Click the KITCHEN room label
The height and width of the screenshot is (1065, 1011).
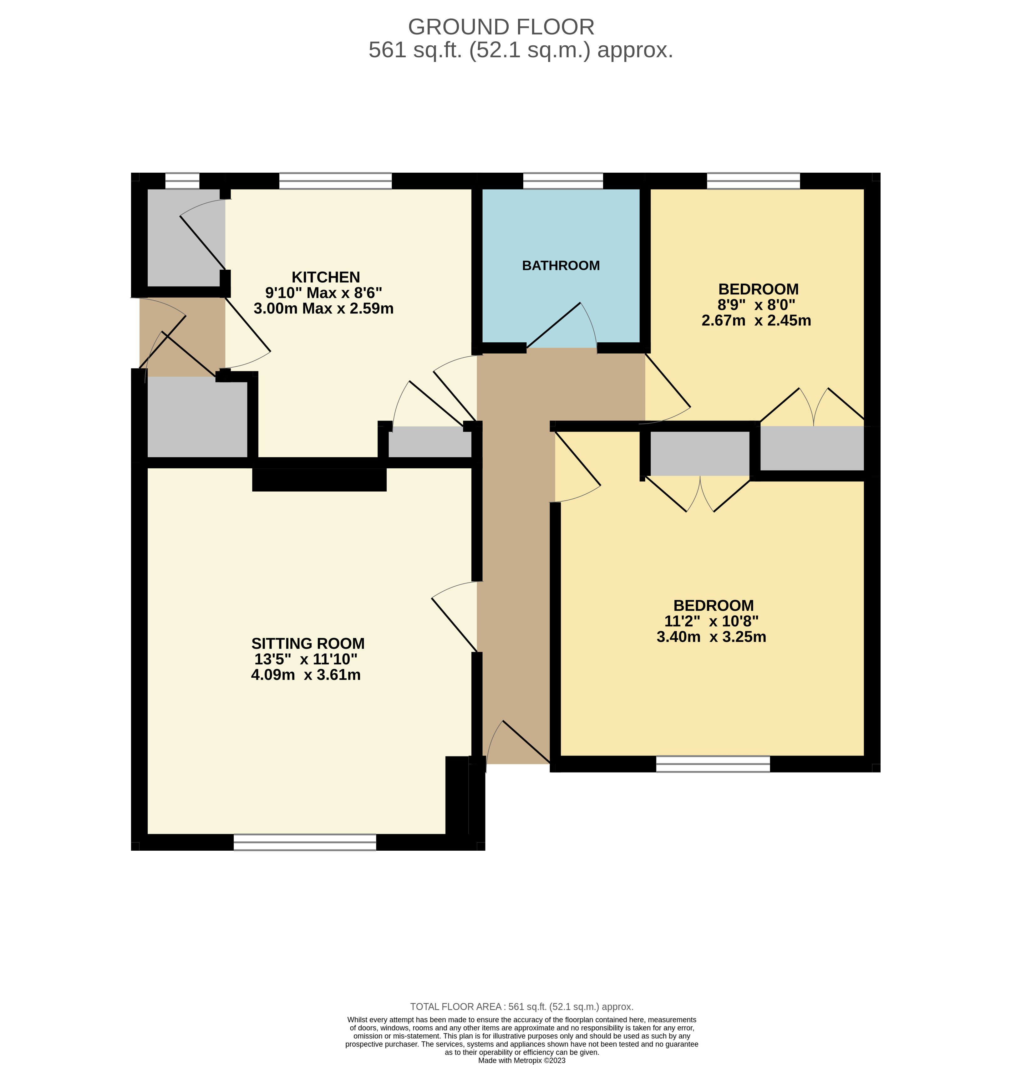[326, 277]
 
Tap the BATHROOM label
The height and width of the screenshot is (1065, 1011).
[561, 265]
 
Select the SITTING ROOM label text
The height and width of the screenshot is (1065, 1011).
[308, 644]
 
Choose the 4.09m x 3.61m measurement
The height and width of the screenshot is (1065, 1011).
[306, 674]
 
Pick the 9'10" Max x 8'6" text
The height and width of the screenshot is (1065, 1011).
[323, 293]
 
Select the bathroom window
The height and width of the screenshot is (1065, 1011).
[563, 181]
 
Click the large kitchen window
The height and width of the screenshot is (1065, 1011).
[335, 181]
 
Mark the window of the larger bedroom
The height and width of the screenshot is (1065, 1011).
[713, 764]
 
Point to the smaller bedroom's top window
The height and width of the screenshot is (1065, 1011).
[753, 181]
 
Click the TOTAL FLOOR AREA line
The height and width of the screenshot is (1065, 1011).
[522, 1006]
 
